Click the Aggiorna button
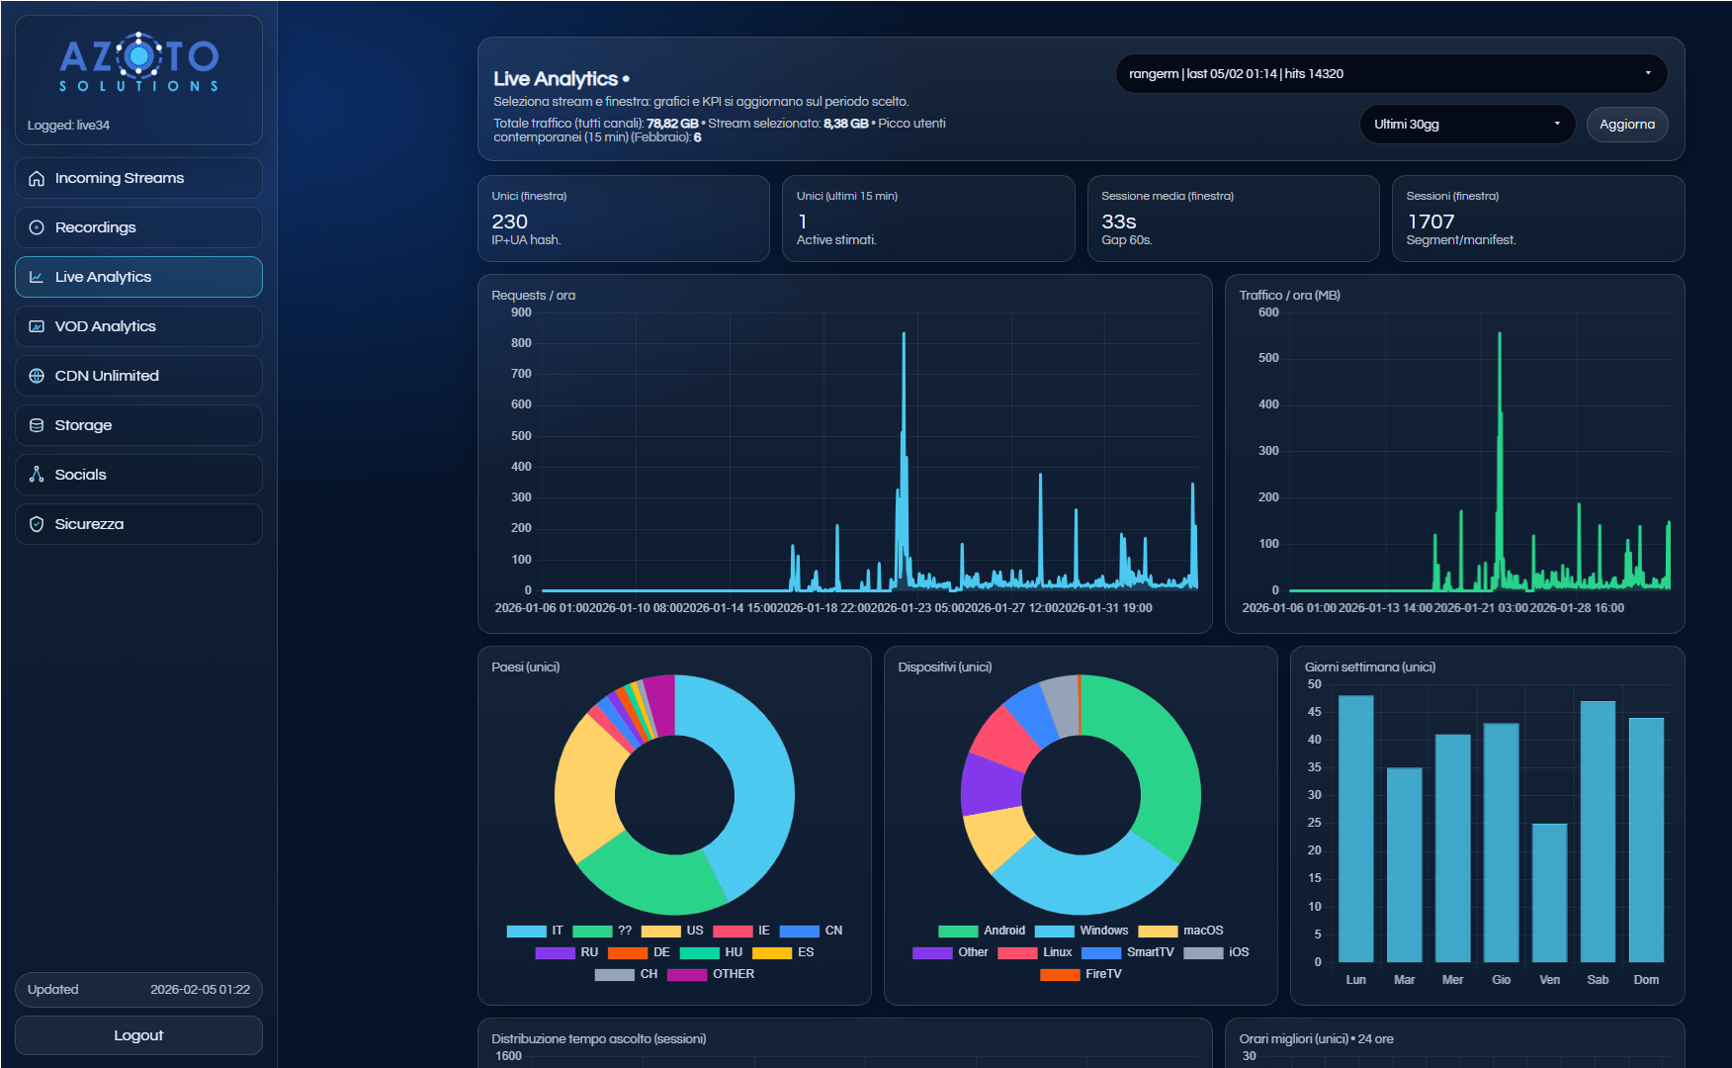[1626, 125]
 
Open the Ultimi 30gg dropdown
[1466, 125]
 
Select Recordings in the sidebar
[138, 227]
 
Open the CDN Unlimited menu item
[138, 376]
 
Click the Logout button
[138, 1035]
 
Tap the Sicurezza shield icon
[37, 524]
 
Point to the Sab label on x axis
[1598, 980]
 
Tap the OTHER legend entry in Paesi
[712, 974]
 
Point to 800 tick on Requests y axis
[521, 343]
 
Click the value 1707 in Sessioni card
[1430, 222]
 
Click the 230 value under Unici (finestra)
[509, 222]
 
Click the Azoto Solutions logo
[138, 65]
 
